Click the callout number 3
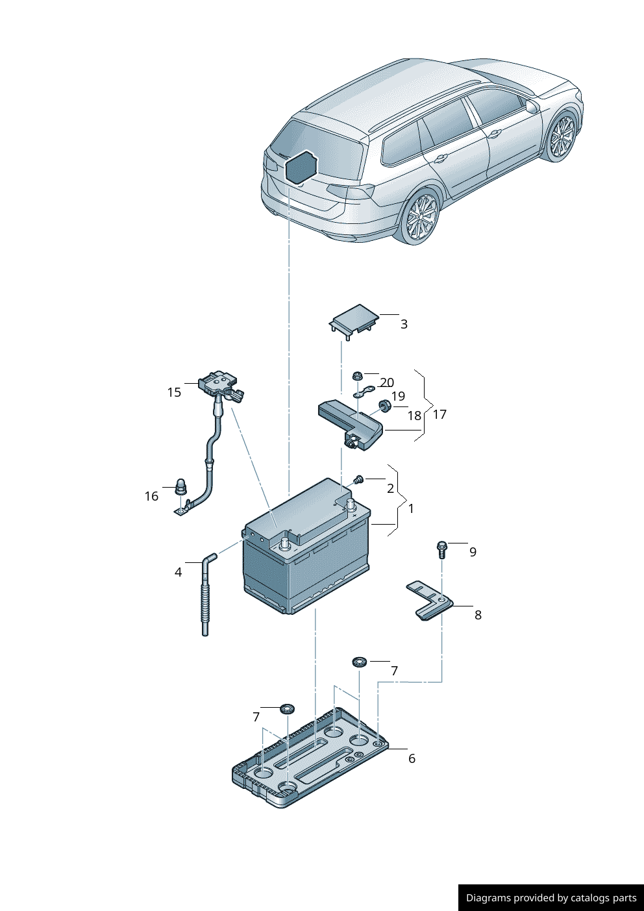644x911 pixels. pos(404,324)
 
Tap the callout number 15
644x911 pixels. pos(174,392)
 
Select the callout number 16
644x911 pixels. pos(151,497)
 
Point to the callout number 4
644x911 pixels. pos(178,572)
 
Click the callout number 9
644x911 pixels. pos(473,552)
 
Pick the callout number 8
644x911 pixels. pos(478,615)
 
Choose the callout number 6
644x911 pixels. pos(412,758)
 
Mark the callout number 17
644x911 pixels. pos(440,414)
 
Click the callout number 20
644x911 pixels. pos(387,382)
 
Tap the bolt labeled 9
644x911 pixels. pos(441,549)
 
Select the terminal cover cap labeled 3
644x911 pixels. pos(354,321)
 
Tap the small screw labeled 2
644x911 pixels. pos(357,480)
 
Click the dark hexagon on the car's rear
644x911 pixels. pos(301,167)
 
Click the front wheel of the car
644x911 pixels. pos(562,138)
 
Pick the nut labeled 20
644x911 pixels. pos(357,376)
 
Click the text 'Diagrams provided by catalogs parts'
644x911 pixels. pos(551,898)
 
